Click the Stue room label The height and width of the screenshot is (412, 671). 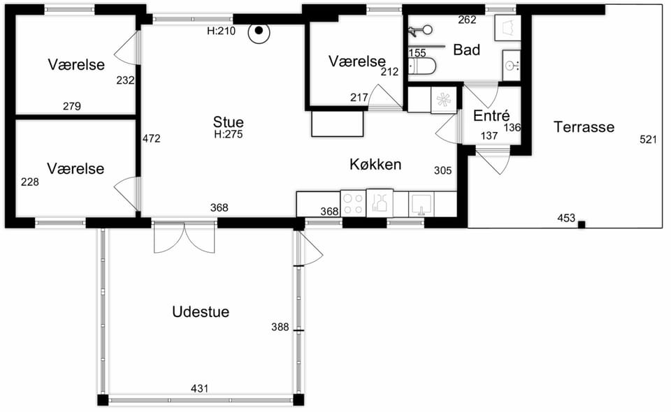228,122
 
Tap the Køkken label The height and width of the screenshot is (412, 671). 375,164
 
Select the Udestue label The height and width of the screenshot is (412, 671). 201,311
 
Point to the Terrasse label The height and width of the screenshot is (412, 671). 584,126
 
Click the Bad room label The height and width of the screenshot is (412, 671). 466,50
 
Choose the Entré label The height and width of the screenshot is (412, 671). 491,115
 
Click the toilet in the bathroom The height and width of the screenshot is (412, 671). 422,66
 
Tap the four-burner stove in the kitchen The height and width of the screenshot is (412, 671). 354,203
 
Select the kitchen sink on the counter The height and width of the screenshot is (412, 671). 421,205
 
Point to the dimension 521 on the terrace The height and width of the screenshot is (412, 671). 648,140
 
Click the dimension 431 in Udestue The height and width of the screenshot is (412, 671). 199,388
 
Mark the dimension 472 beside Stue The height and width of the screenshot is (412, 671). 152,138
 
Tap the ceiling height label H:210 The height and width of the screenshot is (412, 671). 222,31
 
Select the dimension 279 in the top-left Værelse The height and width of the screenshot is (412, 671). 72,105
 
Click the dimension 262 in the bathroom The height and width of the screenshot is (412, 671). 467,20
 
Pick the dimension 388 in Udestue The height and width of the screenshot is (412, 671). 280,327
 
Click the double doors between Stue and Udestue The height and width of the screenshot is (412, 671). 184,237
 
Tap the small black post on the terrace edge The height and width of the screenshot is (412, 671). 581,225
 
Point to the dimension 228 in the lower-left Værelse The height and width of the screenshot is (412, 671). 29,182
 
